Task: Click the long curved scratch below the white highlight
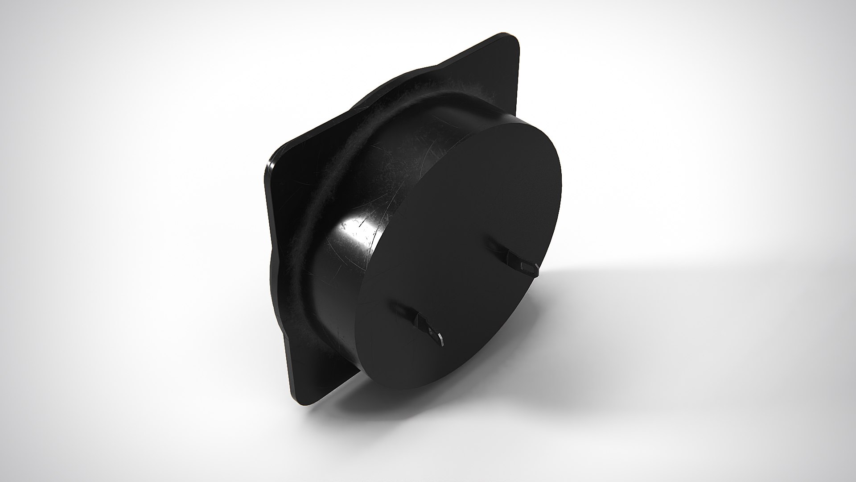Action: (x=339, y=268)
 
